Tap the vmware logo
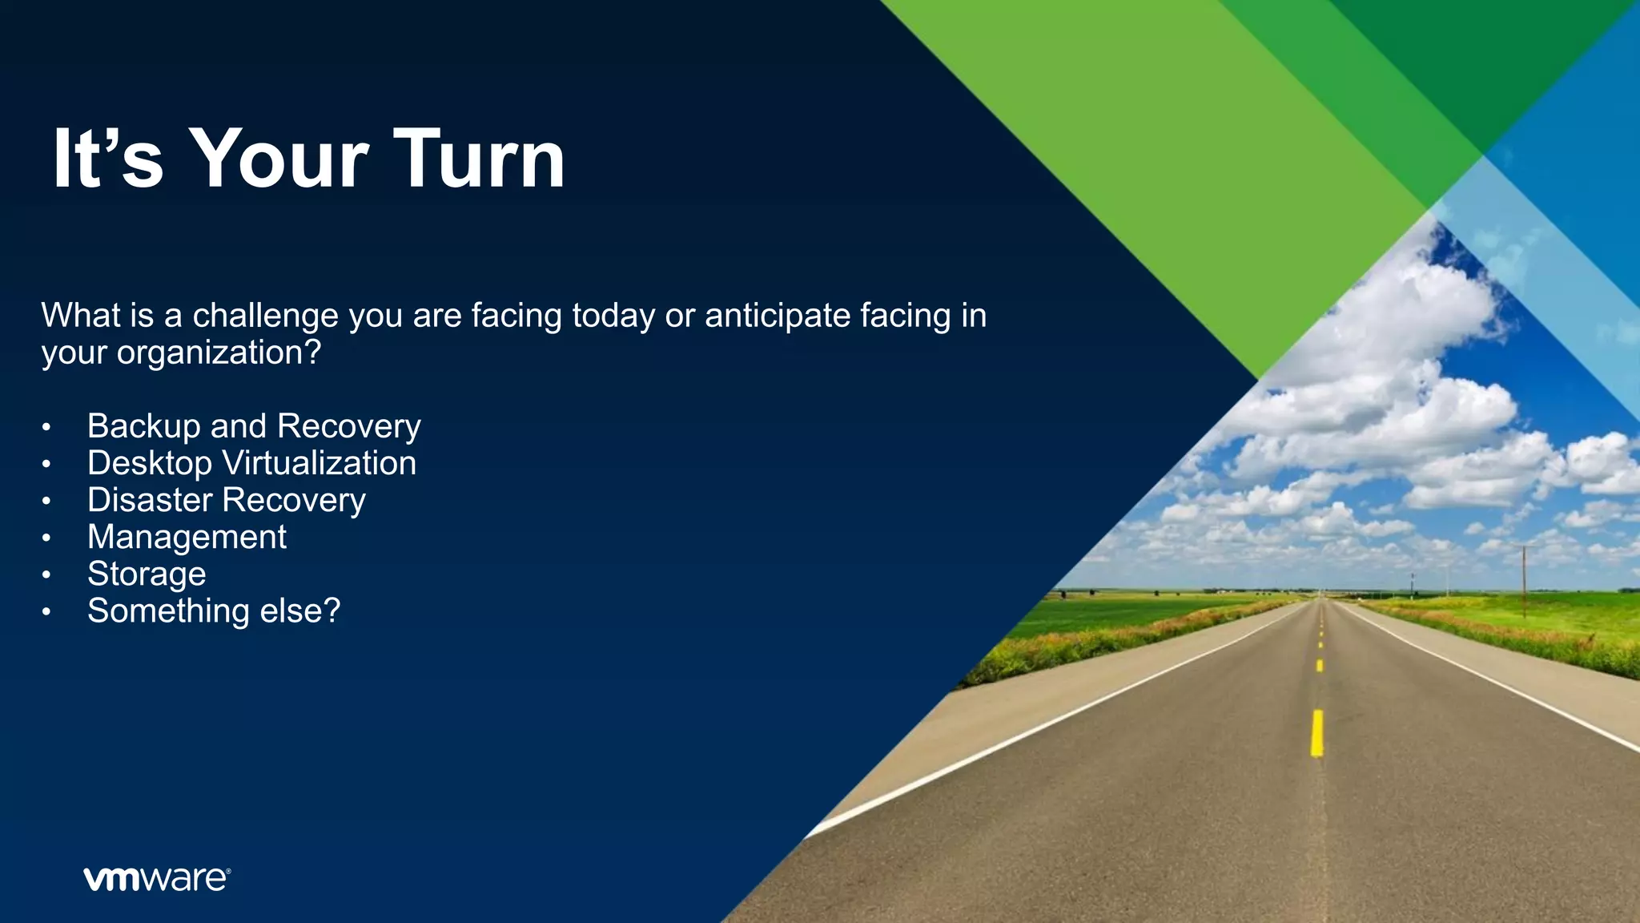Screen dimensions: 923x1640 (x=157, y=879)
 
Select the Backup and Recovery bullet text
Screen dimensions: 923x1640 (x=254, y=425)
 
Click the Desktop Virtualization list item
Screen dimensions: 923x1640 (x=251, y=463)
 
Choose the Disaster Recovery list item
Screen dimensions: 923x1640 (x=227, y=500)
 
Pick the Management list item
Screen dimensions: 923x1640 (x=187, y=537)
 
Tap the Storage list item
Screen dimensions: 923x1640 (x=147, y=574)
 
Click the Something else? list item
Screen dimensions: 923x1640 (x=214, y=611)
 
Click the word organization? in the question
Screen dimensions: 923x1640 (x=219, y=353)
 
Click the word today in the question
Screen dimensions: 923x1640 (x=613, y=316)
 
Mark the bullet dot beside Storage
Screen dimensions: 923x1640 (x=46, y=575)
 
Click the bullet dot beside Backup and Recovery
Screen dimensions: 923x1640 (x=46, y=427)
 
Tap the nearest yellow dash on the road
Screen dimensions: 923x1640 (x=1316, y=733)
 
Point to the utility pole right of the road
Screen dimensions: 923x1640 (x=1524, y=581)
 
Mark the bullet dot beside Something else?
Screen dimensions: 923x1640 (x=46, y=612)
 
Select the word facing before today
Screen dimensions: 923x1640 (x=517, y=316)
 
